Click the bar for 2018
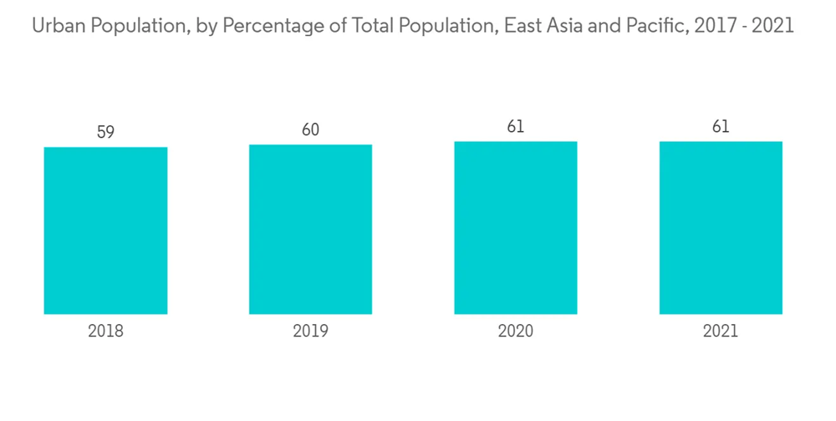click(105, 231)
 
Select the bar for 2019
click(310, 229)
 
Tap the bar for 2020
click(516, 227)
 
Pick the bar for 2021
click(721, 227)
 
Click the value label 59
click(105, 132)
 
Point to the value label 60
click(310, 129)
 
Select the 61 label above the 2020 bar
click(516, 127)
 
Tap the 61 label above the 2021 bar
click(721, 127)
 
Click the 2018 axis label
click(105, 331)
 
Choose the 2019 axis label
click(310, 331)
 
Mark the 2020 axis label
click(516, 331)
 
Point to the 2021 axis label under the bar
click(721, 331)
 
